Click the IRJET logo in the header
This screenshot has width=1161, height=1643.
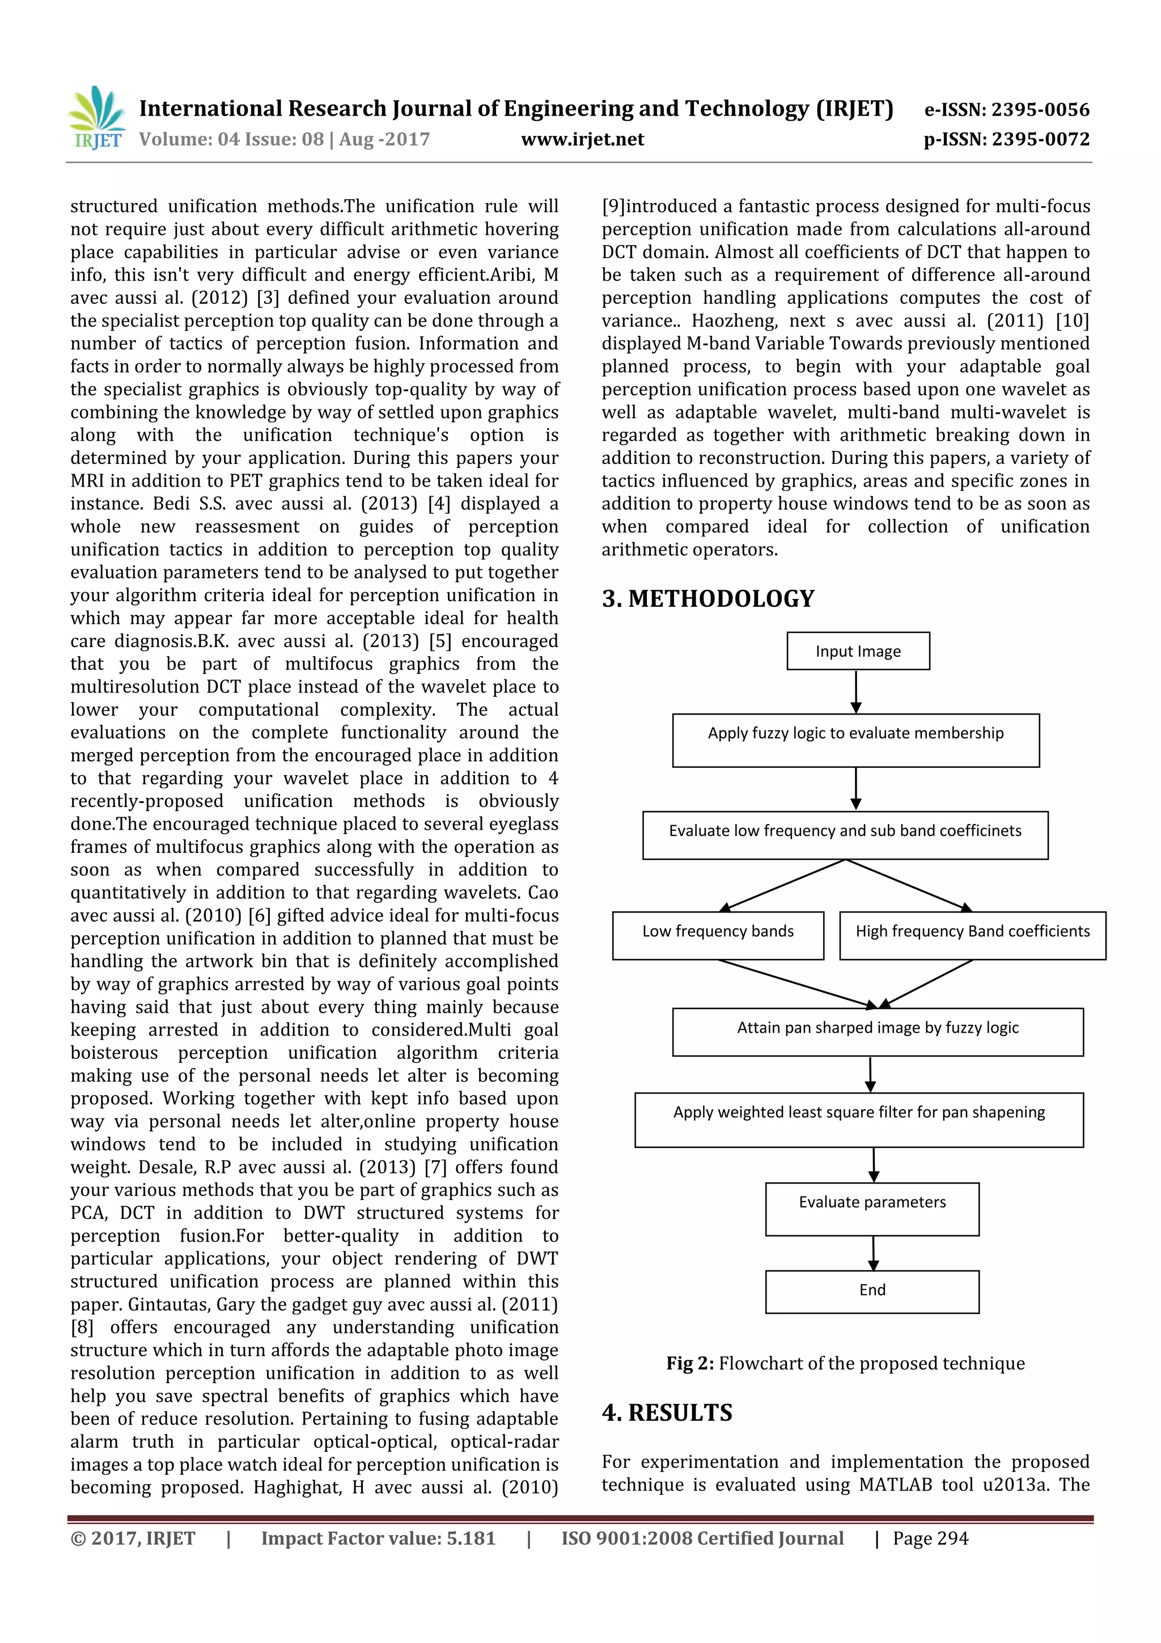96,118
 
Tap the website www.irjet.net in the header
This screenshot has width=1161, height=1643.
582,140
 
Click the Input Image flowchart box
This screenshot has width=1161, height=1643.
858,651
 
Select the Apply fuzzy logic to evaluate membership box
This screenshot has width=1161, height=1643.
855,740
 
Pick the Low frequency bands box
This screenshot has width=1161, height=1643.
718,935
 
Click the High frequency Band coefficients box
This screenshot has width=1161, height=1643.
972,935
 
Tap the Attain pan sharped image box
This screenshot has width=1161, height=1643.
878,1031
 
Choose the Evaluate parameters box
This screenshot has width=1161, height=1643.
872,1209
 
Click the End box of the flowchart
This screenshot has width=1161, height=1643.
872,1291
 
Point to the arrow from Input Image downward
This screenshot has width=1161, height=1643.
855,691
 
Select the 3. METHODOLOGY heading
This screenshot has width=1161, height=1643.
708,598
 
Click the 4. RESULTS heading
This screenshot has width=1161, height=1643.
667,1413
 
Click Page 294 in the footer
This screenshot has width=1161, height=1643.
930,1539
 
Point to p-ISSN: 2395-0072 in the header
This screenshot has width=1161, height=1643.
1006,140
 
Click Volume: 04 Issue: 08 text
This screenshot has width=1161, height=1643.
284,140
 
